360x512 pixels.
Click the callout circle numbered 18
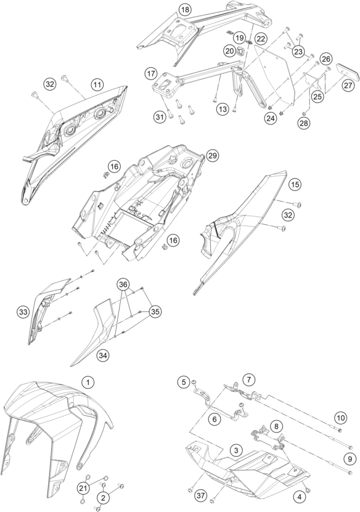(185, 10)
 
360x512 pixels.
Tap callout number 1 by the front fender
(88, 382)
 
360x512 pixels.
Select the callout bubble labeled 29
(212, 156)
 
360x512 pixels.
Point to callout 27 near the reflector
(348, 85)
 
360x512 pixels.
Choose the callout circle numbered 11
(97, 85)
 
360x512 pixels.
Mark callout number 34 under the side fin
(102, 355)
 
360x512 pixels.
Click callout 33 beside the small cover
(23, 312)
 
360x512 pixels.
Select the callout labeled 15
(295, 184)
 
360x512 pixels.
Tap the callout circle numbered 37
(201, 496)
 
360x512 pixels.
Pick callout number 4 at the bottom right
(300, 497)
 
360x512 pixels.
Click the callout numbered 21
(84, 489)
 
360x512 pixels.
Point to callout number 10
(341, 418)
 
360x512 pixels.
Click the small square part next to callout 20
(240, 51)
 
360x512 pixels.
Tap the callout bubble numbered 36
(123, 285)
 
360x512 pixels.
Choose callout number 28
(304, 123)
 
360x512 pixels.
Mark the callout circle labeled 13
(223, 109)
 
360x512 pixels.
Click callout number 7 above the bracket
(249, 380)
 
